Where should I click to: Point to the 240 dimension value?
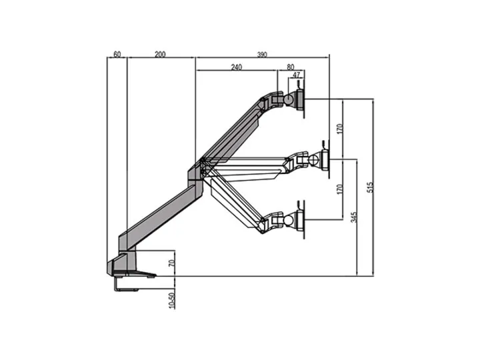click(237, 67)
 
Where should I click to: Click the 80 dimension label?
click(291, 67)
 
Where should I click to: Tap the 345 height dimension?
click(354, 217)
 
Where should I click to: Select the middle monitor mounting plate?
click(325, 159)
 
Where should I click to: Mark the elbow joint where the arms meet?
click(202, 167)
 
